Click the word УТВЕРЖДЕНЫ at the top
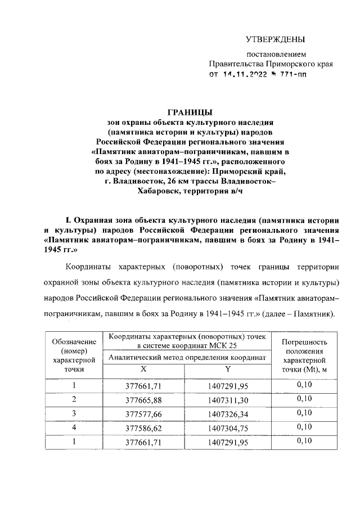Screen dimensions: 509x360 pos(276,39)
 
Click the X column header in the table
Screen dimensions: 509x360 pos(143,369)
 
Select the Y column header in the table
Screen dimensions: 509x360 pos(227,369)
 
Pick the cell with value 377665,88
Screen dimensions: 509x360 pos(143,399)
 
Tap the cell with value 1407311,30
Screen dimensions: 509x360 pos(227,399)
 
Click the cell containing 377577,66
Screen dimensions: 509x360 pos(143,413)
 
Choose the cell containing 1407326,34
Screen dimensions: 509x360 pos(227,413)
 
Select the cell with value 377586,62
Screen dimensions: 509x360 pos(143,427)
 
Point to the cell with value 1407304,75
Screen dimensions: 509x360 pos(227,427)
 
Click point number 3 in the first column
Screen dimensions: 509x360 pos(74,413)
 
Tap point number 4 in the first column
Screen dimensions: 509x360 pos(74,427)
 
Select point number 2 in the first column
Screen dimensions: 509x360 pos(74,399)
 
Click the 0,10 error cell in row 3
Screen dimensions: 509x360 pos(304,413)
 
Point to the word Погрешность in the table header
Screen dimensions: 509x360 pos(304,341)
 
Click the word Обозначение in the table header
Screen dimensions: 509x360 pos(74,341)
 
